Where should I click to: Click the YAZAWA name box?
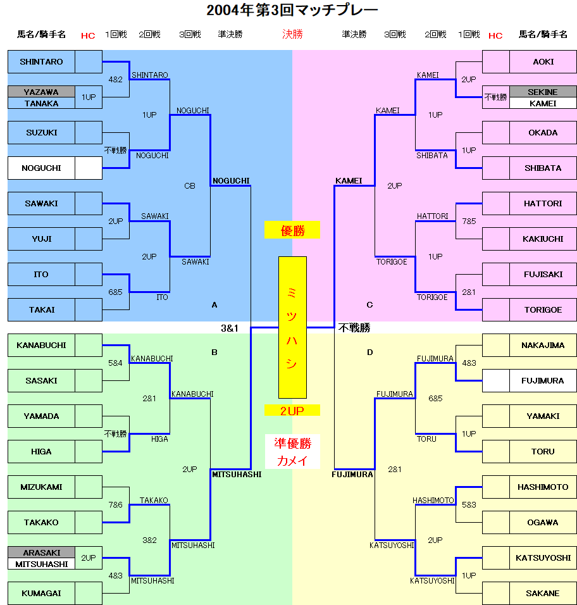[x=41, y=92]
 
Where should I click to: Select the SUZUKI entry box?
[x=41, y=133]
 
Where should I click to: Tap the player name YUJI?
[x=41, y=239]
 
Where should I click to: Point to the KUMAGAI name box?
[x=41, y=594]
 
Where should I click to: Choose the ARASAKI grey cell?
[x=41, y=552]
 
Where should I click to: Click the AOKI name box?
[x=543, y=62]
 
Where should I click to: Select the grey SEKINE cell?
[x=543, y=92]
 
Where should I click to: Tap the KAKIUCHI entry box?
[x=543, y=239]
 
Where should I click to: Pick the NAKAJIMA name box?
[x=543, y=346]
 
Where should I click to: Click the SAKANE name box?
[x=543, y=594]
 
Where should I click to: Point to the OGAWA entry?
[x=543, y=523]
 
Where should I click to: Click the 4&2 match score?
[x=116, y=80]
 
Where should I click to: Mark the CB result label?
[x=190, y=186]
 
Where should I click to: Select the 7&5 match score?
[x=469, y=221]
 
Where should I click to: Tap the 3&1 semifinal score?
[x=230, y=328]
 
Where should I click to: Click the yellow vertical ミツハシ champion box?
[x=292, y=327]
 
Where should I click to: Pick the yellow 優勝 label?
[x=292, y=231]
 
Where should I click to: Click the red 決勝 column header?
[x=292, y=34]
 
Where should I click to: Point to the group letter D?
[x=370, y=352]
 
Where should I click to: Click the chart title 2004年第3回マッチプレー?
[x=292, y=11]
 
